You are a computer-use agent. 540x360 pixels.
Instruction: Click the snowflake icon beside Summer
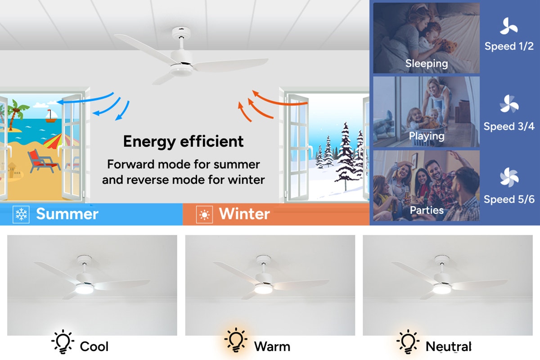[x=21, y=214]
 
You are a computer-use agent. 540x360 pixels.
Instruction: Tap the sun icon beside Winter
[x=204, y=215]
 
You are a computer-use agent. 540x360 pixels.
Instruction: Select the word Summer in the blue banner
[x=67, y=214]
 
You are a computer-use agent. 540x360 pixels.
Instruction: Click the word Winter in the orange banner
[x=244, y=214]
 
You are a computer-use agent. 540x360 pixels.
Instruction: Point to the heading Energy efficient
[x=184, y=142]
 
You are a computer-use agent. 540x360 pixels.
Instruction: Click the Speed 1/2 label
[x=509, y=46]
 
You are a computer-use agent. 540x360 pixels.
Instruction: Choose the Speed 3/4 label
[x=509, y=126]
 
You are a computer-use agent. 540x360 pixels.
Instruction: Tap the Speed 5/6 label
[x=509, y=199]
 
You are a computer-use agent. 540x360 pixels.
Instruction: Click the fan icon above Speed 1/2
[x=508, y=26]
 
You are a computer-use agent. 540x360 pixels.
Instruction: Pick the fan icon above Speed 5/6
[x=509, y=177]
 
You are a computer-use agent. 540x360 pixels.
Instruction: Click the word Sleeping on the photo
[x=427, y=63]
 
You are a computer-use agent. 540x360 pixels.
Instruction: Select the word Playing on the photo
[x=427, y=136]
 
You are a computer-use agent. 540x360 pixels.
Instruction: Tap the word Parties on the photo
[x=427, y=210]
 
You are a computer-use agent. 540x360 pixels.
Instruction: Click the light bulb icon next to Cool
[x=63, y=342]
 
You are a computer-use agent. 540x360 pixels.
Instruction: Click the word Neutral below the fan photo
[x=448, y=346]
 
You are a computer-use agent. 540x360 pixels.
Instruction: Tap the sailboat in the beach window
[x=51, y=116]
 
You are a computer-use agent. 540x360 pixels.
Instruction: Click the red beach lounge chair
[x=43, y=161]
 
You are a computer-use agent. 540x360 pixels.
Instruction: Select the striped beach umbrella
[x=60, y=142]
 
